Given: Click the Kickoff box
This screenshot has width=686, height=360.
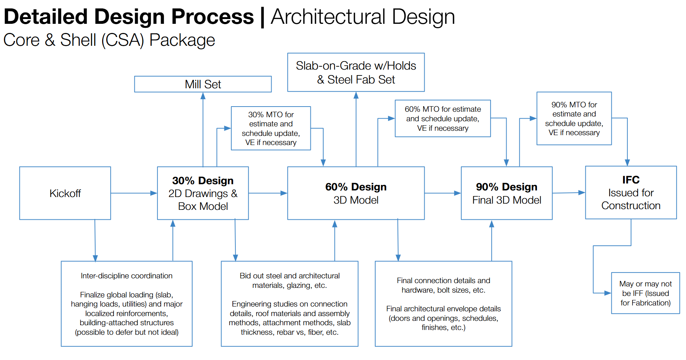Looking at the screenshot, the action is (65, 193).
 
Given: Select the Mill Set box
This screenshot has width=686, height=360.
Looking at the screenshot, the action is (203, 84).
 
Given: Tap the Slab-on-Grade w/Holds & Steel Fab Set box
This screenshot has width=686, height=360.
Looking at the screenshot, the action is (356, 73).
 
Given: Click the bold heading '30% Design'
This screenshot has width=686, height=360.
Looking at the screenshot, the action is (203, 181).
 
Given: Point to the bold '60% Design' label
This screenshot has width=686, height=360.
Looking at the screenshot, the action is (356, 187).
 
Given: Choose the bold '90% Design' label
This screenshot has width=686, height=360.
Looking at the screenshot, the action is (507, 187).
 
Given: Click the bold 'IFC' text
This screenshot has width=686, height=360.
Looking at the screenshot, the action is (631, 180).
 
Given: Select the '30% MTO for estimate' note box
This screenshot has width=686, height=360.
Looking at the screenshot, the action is (271, 128).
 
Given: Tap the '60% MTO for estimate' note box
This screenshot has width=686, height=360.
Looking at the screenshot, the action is (443, 118).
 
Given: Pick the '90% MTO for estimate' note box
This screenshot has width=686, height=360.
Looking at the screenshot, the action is (574, 118).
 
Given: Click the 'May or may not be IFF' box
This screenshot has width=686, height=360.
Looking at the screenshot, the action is (645, 293).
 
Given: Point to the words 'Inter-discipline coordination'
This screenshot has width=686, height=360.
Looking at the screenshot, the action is (127, 276).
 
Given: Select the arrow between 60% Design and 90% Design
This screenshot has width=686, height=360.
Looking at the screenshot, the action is (443, 193).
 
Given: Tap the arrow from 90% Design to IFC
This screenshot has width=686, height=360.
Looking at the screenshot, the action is (568, 193).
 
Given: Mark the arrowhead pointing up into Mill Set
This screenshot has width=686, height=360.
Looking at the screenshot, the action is (203, 96).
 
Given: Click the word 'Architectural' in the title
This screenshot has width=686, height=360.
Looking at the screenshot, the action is (328, 17).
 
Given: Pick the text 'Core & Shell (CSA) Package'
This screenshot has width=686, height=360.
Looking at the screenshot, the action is (109, 40).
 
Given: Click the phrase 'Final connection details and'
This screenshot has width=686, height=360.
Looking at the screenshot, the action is (443, 281).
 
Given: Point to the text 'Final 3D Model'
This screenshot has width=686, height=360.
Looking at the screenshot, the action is (507, 200).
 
